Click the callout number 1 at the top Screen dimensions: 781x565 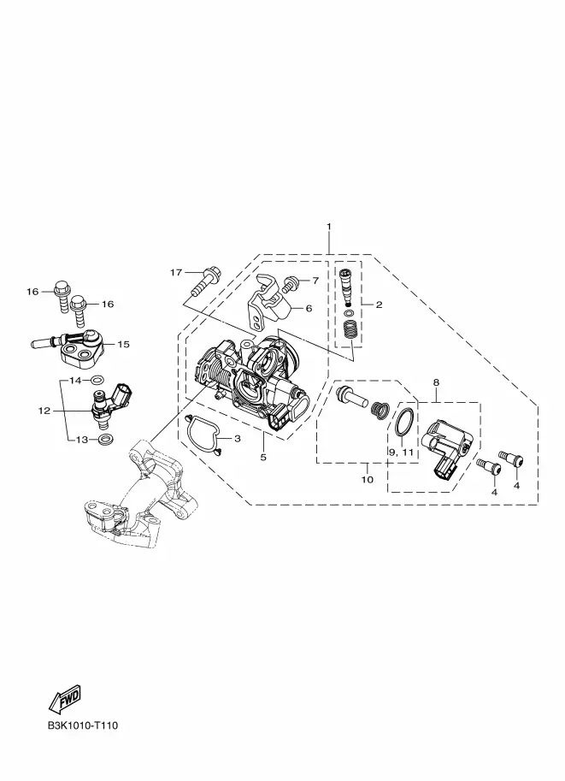(x=328, y=226)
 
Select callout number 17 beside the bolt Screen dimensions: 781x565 (x=176, y=273)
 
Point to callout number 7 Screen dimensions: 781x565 (x=315, y=281)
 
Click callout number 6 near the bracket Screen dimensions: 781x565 (x=309, y=308)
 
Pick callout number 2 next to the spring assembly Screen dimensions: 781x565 (x=379, y=305)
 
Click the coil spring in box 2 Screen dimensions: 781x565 (x=348, y=330)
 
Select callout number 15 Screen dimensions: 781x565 (x=123, y=345)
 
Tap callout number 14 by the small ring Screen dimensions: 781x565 (x=75, y=380)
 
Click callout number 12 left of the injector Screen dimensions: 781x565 (x=44, y=411)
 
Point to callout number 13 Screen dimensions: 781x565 (x=82, y=440)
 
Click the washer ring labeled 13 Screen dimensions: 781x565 (x=104, y=440)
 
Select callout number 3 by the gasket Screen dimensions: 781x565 (x=238, y=439)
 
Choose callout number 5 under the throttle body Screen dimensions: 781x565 (x=263, y=458)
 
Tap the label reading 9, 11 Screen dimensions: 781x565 (x=402, y=451)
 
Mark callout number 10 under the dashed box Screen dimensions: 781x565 (x=368, y=480)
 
